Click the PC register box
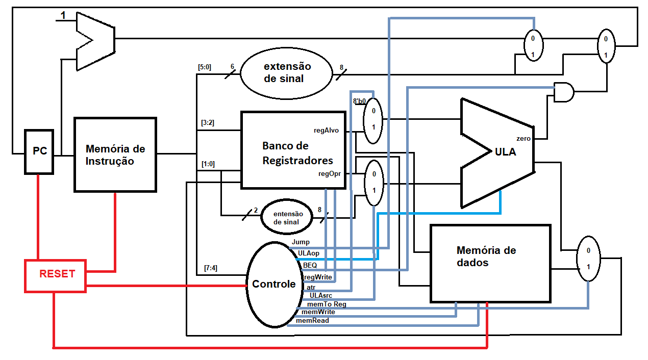39,151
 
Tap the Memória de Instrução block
115,155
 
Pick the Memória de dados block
490,263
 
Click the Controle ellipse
273,284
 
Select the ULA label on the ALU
505,152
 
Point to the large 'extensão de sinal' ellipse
287,73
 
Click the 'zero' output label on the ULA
523,139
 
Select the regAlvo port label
326,131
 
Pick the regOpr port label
329,174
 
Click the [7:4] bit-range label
210,268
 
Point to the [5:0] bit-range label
205,66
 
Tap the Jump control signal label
301,242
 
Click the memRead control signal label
312,320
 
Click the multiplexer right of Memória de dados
588,259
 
